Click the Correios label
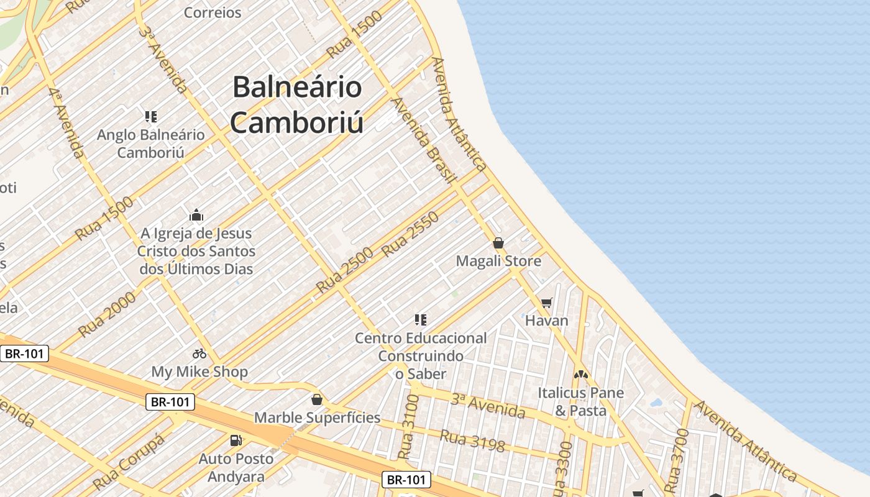pyautogui.click(x=213, y=12)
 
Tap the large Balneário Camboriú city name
pyautogui.click(x=297, y=104)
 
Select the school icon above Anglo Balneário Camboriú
pyautogui.click(x=151, y=116)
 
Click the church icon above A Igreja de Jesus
pyautogui.click(x=196, y=216)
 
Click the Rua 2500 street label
pyautogui.click(x=344, y=270)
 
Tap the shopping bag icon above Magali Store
pyautogui.click(x=498, y=243)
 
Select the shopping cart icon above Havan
pyautogui.click(x=547, y=303)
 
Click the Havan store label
pyautogui.click(x=547, y=321)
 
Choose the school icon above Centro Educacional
pyautogui.click(x=421, y=320)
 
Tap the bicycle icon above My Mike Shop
pyautogui.click(x=199, y=353)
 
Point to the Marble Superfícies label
pyautogui.click(x=317, y=417)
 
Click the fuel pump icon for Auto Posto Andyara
pyautogui.click(x=236, y=440)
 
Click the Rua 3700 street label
pyautogui.click(x=677, y=460)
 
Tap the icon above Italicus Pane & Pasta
pyautogui.click(x=580, y=375)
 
